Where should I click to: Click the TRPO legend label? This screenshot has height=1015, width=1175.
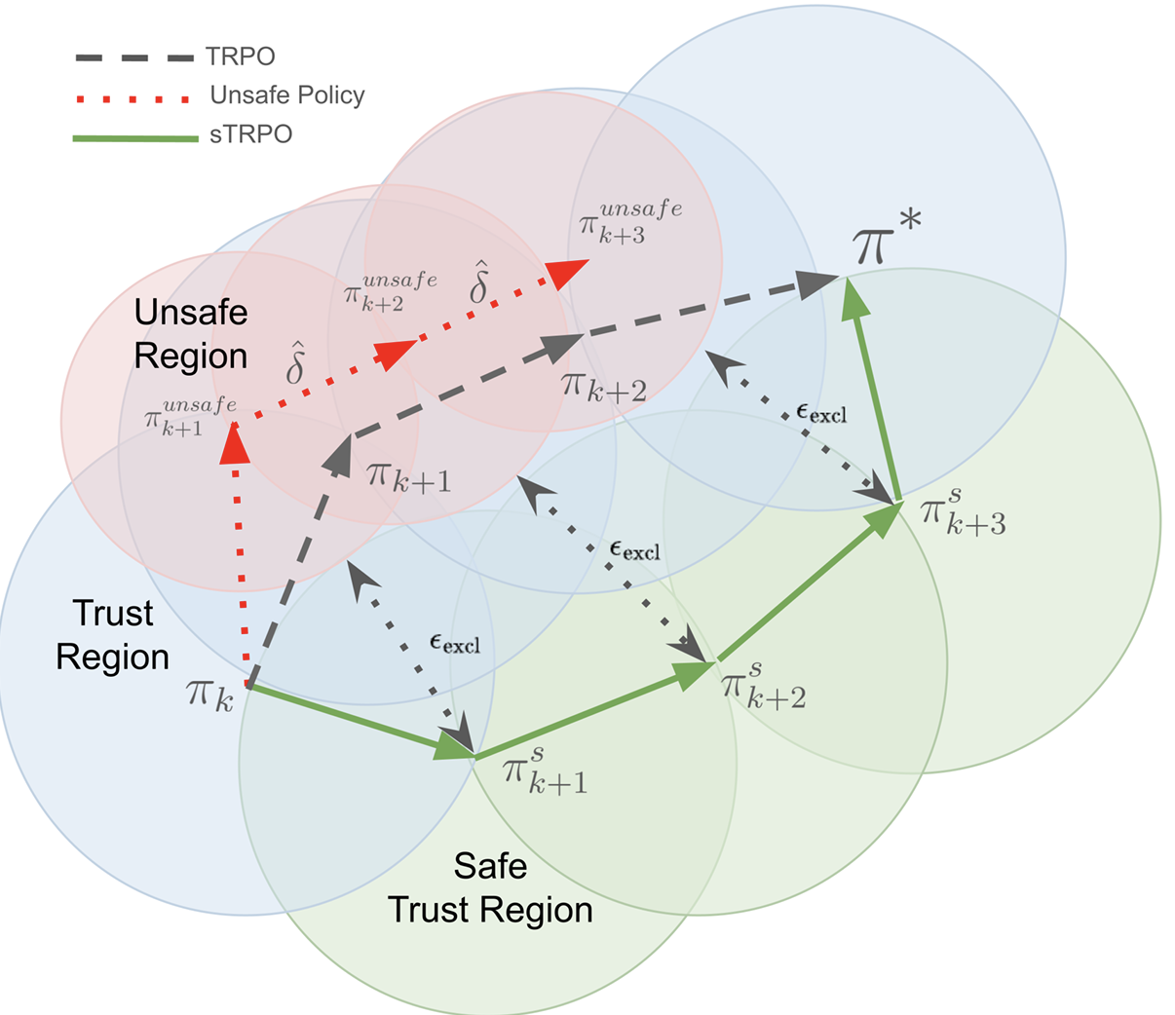click(242, 56)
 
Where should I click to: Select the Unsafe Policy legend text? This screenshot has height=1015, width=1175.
click(287, 95)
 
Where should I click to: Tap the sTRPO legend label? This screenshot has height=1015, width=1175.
click(251, 134)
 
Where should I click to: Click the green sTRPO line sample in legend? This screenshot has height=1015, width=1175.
click(135, 138)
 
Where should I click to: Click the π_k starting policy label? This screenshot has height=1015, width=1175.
click(209, 694)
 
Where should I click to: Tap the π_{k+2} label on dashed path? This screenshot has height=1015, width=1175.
click(603, 388)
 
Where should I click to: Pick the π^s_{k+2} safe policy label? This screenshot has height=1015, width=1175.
click(762, 685)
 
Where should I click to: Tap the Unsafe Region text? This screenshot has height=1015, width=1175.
click(191, 334)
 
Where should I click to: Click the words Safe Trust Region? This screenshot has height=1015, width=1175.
click(490, 887)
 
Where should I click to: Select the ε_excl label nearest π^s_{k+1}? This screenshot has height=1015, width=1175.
click(454, 644)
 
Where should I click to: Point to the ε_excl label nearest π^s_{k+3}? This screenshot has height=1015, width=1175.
click(821, 414)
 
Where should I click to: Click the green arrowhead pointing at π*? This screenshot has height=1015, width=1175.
click(853, 295)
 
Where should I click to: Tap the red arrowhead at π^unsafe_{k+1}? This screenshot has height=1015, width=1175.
click(235, 444)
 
